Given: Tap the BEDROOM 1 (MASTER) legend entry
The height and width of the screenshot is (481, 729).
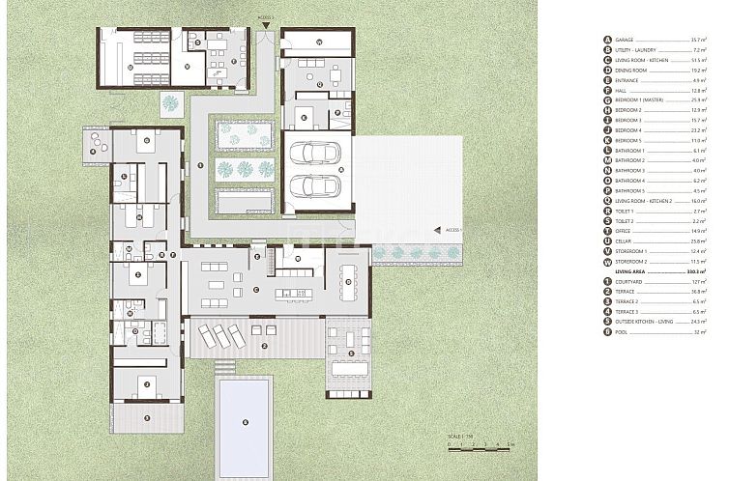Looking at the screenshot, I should (638, 99).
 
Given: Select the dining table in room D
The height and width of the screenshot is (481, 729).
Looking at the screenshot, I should (349, 280).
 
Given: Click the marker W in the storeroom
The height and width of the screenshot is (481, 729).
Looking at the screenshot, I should (318, 43).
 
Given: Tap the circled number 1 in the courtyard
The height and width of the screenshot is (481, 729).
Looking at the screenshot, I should (199, 165).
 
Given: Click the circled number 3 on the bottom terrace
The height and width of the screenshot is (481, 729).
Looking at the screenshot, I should (146, 417).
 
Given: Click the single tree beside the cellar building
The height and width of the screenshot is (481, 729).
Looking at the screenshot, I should (171, 101).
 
